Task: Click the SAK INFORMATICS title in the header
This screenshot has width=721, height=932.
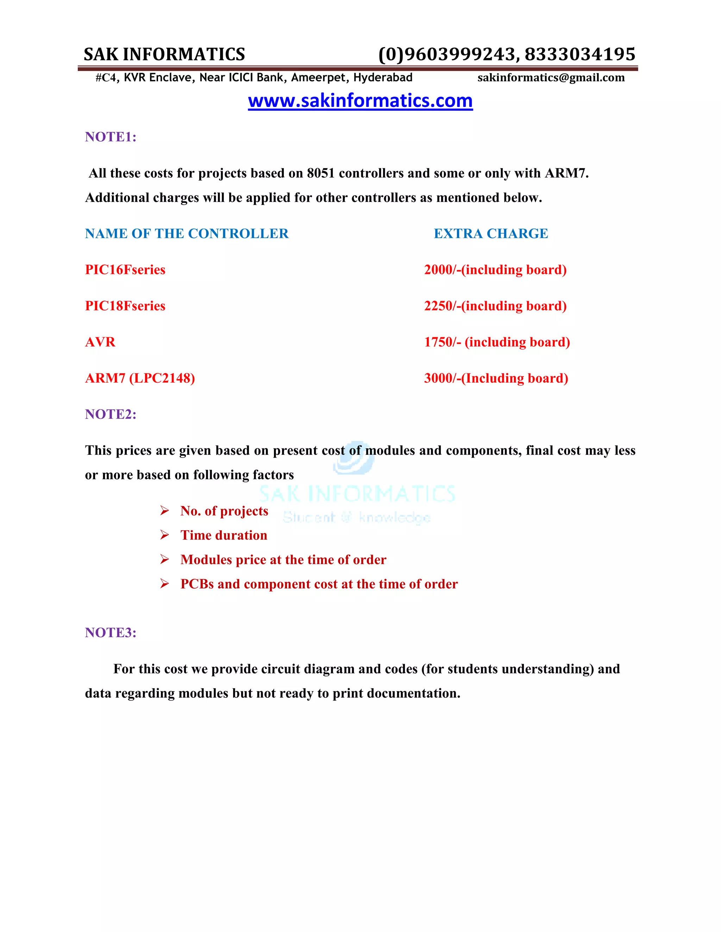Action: pos(164,55)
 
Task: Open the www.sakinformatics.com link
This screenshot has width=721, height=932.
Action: pos(360,101)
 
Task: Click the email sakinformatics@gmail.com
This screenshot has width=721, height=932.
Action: pos(551,78)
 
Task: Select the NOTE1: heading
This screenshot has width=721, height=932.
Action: pos(111,137)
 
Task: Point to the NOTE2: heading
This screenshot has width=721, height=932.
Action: pos(111,414)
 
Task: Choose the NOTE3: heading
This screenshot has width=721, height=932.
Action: pos(111,632)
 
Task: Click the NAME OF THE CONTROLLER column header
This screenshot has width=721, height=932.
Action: pos(187,234)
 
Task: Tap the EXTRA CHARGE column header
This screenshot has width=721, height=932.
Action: pos(491,234)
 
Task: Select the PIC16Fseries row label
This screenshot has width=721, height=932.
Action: pos(125,270)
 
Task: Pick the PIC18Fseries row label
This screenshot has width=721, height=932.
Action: pos(125,306)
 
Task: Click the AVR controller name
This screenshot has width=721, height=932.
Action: pos(100,342)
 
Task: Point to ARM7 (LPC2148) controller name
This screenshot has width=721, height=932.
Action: pos(140,378)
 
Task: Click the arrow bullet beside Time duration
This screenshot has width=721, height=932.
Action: pos(164,535)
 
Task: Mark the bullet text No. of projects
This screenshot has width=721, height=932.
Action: pos(224,511)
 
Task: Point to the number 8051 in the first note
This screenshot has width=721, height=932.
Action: pos(320,174)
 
